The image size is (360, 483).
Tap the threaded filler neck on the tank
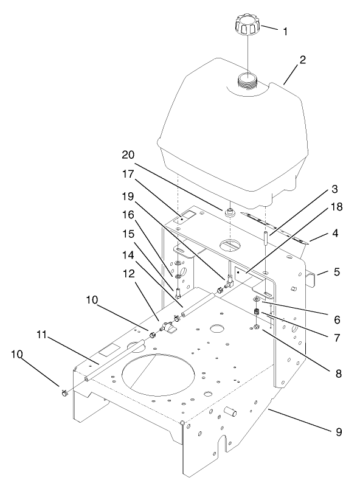click(248, 81)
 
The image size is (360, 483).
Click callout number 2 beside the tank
click(302, 60)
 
